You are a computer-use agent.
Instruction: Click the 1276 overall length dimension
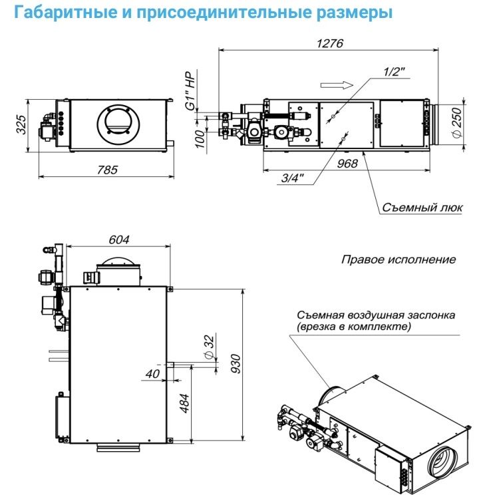click(329, 44)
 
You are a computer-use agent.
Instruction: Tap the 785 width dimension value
click(106, 170)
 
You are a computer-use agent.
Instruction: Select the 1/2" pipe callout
click(394, 71)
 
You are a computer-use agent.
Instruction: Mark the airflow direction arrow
click(335, 84)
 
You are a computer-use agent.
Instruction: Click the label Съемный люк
click(422, 207)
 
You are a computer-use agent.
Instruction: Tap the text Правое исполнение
click(399, 259)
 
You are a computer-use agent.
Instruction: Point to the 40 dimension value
click(153, 375)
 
